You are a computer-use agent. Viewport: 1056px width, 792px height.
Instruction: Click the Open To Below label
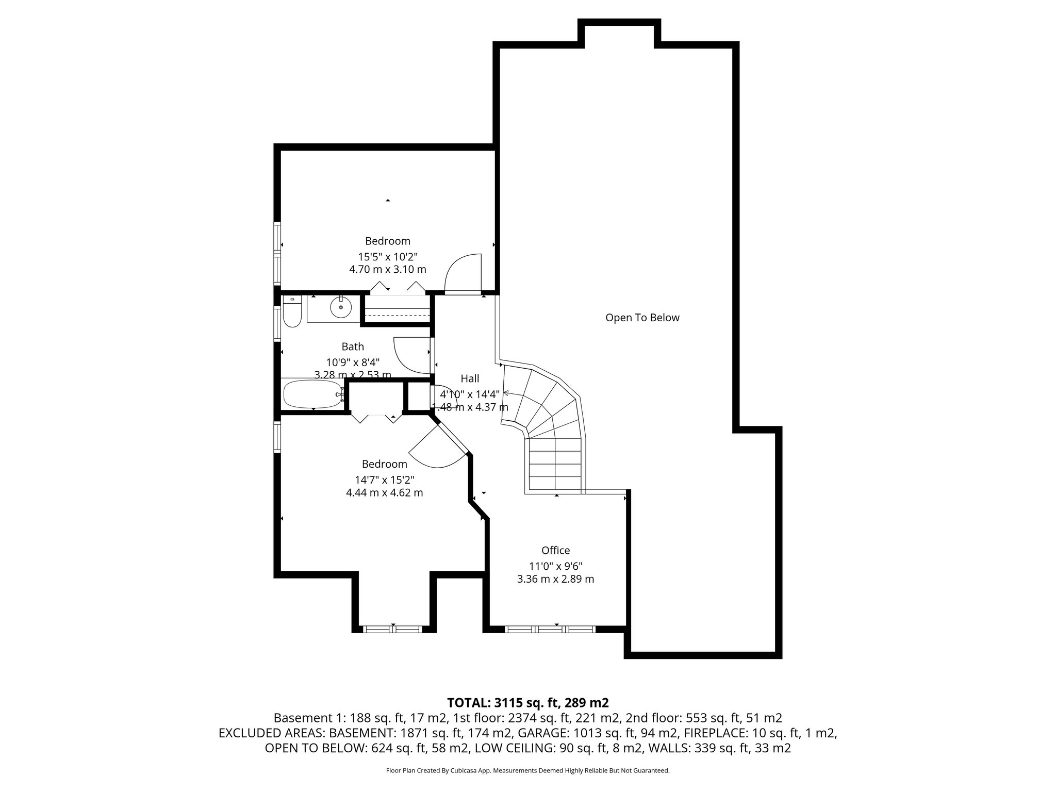point(642,318)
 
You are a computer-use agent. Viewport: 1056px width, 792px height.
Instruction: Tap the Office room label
point(555,550)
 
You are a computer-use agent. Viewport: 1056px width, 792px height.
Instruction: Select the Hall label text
point(470,379)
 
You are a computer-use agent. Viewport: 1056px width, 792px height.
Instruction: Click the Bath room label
point(353,346)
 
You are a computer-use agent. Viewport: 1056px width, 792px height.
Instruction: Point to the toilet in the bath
point(292,312)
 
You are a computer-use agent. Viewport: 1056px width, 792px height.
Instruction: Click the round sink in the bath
point(341,308)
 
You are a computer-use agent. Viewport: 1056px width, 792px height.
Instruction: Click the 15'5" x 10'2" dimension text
point(387,256)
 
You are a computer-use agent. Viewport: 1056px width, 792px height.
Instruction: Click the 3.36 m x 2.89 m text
point(555,579)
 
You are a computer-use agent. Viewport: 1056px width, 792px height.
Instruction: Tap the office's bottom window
point(550,629)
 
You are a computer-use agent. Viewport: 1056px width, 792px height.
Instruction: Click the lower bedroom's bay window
point(393,629)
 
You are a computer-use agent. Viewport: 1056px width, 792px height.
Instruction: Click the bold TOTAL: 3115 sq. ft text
point(527,702)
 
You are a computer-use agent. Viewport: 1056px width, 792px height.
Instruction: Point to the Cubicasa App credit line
point(527,771)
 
